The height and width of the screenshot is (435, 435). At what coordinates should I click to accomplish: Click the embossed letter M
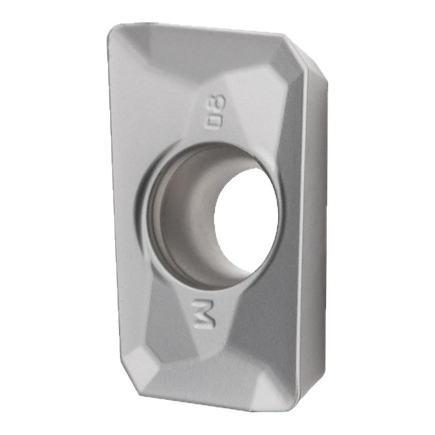[204, 314]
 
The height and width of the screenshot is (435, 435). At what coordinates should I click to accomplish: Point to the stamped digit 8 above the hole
[219, 104]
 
